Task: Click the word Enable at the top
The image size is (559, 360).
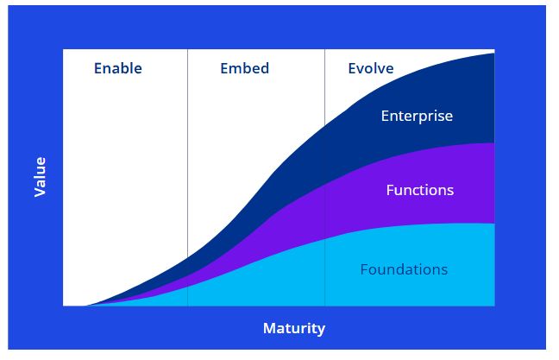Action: pyautogui.click(x=118, y=68)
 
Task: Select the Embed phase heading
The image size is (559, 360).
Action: pyautogui.click(x=245, y=68)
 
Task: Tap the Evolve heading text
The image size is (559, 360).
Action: pyautogui.click(x=371, y=68)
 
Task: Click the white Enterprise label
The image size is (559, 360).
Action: pyautogui.click(x=417, y=117)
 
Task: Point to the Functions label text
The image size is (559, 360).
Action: pyautogui.click(x=420, y=190)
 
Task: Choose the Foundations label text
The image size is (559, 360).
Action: pyautogui.click(x=404, y=269)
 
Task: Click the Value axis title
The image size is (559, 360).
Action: pyautogui.click(x=40, y=177)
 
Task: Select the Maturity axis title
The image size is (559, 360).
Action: pyautogui.click(x=294, y=328)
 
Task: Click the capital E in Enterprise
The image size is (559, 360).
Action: pyautogui.click(x=385, y=116)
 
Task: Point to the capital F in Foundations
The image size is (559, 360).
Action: pyautogui.click(x=364, y=269)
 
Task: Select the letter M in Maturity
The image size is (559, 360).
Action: pyautogui.click(x=269, y=328)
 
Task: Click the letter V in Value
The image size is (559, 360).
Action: pyautogui.click(x=40, y=192)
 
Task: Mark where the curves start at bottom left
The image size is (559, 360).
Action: pyautogui.click(x=85, y=306)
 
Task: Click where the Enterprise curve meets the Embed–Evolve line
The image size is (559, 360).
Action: pyautogui.click(x=324, y=125)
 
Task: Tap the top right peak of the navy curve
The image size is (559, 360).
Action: pyautogui.click(x=494, y=54)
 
